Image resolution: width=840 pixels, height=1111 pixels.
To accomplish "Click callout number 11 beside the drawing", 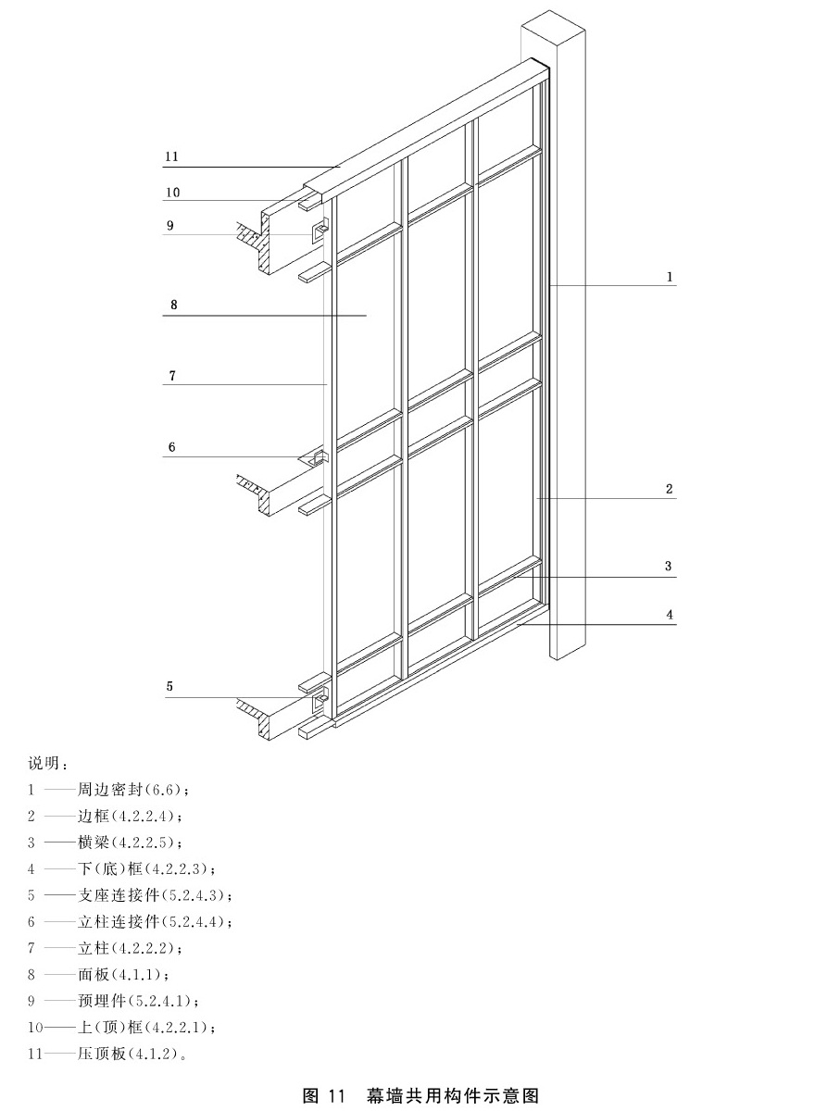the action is [171, 156].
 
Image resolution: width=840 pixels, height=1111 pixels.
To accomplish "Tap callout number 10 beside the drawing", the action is [172, 193].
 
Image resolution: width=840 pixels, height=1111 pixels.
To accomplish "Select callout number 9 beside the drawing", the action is [170, 226].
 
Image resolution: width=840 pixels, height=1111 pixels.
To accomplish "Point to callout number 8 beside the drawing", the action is [174, 305].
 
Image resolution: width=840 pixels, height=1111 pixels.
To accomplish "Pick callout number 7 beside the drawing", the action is [172, 376].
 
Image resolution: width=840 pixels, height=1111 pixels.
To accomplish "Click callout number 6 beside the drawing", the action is [171, 447].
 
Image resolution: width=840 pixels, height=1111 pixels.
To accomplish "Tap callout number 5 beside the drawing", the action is [169, 687].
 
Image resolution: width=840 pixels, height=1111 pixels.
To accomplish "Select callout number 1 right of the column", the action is [670, 278].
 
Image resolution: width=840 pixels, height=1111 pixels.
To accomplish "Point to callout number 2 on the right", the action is [669, 490].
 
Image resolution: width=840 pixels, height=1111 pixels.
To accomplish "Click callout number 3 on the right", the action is [669, 567].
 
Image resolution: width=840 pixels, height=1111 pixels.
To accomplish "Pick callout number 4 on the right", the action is [670, 615].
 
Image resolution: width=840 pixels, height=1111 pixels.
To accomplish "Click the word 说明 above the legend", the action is [44, 763].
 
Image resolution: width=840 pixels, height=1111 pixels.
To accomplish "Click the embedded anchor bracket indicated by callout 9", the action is [320, 231].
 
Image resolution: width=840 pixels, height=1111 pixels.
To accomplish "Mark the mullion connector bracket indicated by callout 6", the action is [318, 457].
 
